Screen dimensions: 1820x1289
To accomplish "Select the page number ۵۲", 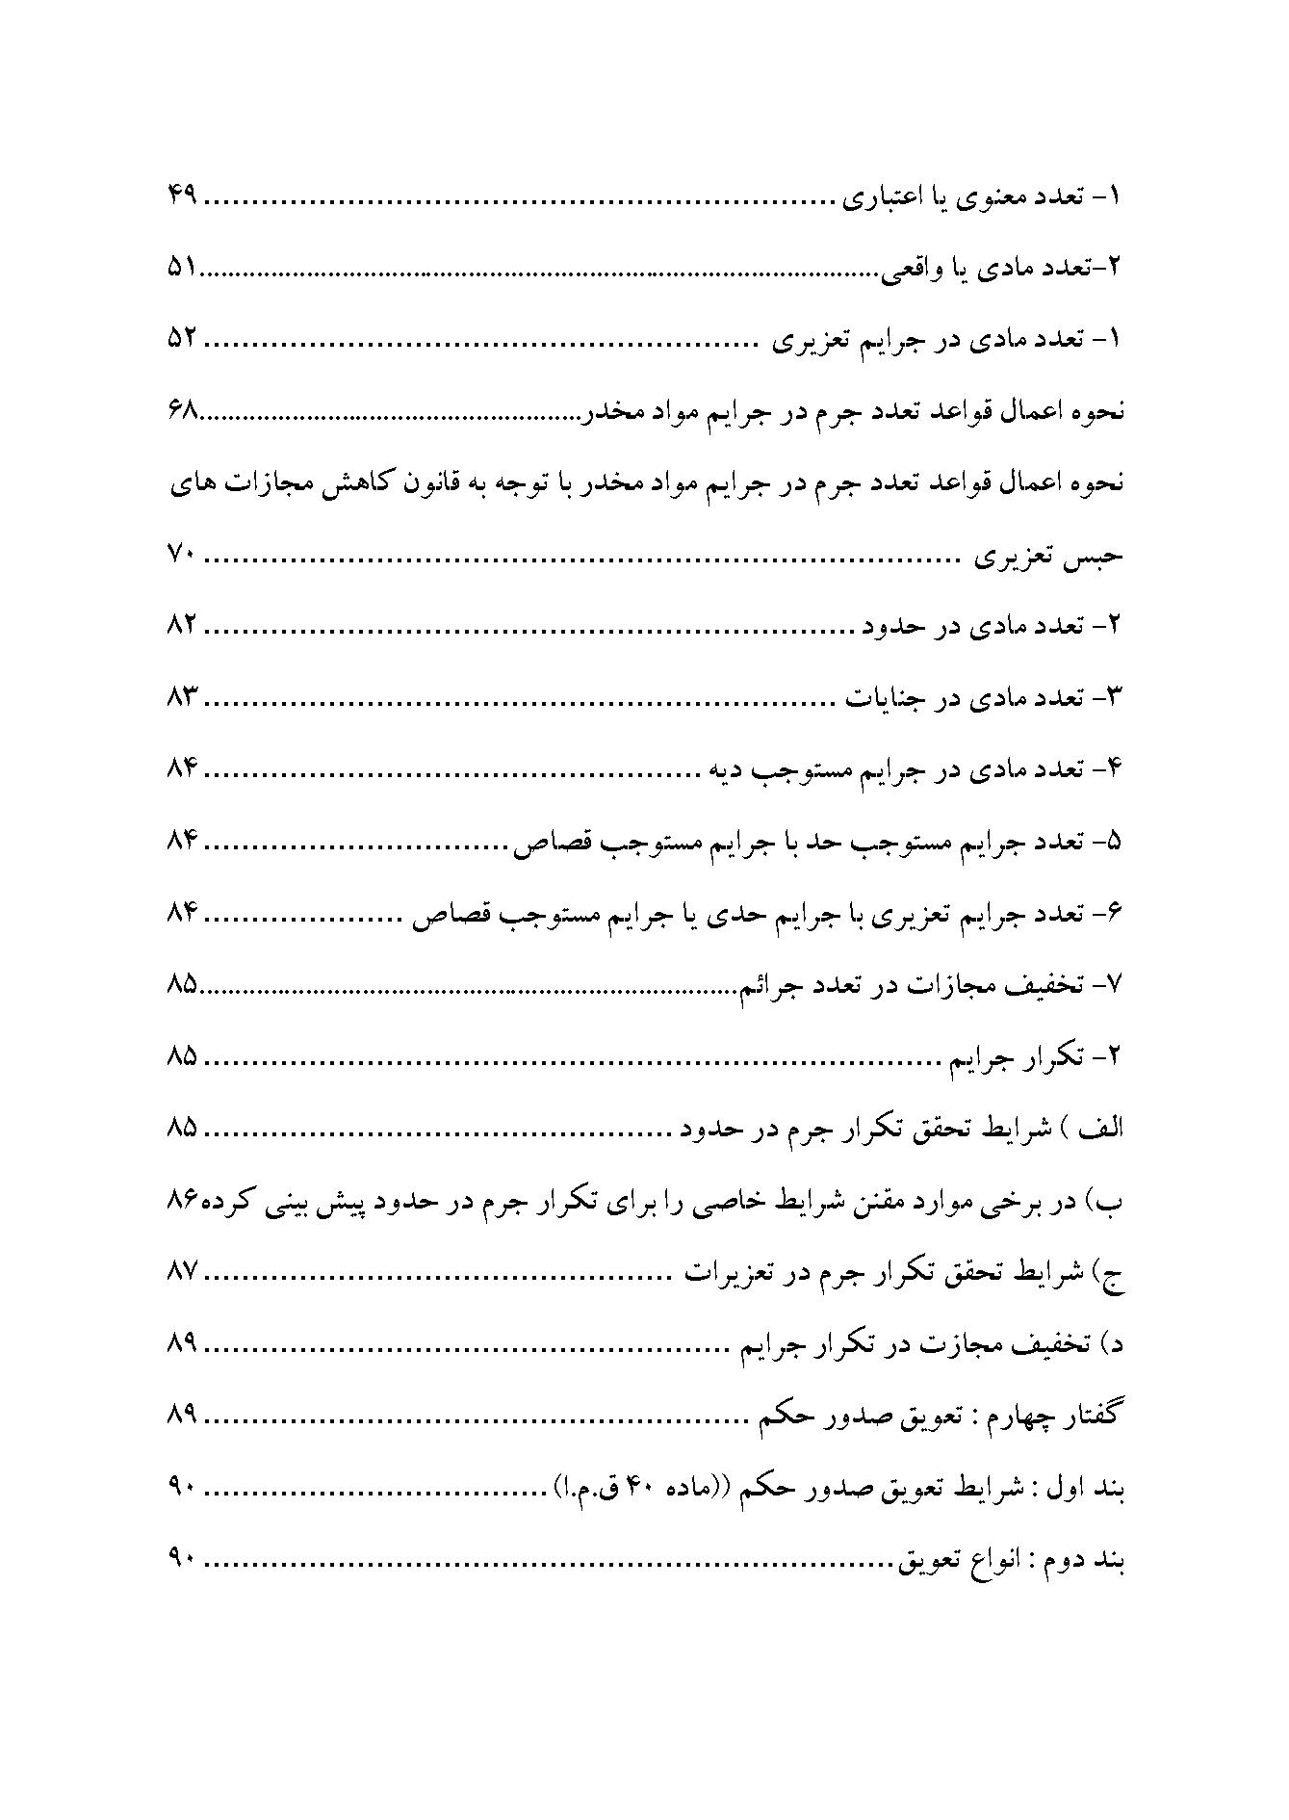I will [x=182, y=340].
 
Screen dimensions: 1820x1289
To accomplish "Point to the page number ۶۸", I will [x=182, y=412].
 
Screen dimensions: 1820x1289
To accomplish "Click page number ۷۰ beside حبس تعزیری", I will [x=182, y=556].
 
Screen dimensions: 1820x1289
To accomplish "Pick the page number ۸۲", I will [x=182, y=627].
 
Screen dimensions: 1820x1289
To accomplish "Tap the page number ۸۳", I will [x=182, y=698].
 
